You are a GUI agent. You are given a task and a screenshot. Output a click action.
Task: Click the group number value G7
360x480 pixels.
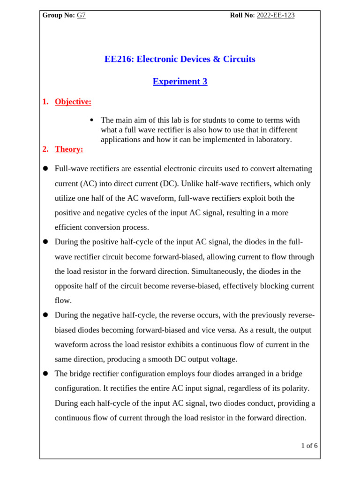[81, 15]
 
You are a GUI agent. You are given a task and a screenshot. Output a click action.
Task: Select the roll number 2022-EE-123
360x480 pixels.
[276, 15]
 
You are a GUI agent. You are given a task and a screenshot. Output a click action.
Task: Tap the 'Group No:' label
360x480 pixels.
[59, 15]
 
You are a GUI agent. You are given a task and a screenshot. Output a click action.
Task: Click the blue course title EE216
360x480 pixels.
[180, 59]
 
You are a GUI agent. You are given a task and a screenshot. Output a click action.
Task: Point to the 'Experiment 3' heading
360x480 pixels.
[180, 82]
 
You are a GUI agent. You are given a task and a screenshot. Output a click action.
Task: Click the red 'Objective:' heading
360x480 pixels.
[73, 102]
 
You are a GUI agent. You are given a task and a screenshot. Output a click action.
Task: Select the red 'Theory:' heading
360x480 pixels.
[69, 149]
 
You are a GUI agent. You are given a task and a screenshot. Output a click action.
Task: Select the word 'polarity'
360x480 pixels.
[294, 389]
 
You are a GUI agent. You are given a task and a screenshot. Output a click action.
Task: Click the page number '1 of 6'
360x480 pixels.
[309, 446]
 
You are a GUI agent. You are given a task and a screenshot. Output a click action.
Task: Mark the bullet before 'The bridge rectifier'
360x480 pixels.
[45, 374]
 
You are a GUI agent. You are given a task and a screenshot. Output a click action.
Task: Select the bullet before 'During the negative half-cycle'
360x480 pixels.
[45, 315]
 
